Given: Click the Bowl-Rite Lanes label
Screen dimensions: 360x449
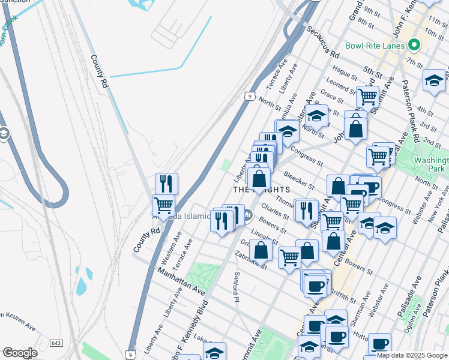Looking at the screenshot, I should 375,46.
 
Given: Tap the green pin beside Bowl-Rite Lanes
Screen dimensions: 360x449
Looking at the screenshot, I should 413,45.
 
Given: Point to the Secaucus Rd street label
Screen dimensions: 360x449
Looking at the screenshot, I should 322,39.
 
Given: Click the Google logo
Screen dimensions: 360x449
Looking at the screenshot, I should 19,353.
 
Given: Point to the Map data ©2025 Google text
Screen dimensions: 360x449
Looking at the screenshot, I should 412,355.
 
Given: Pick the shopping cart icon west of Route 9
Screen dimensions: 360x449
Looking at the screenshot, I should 163,205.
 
